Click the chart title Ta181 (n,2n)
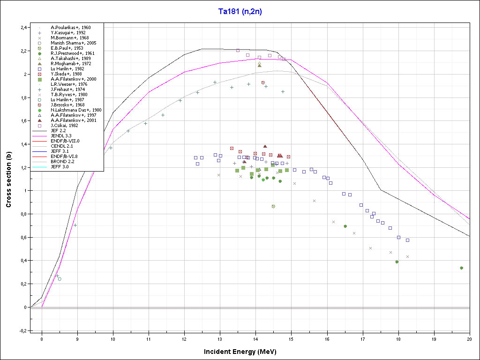240,12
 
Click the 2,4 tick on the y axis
22,28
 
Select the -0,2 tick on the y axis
22,330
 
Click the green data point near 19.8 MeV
462,268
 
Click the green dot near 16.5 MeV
345,226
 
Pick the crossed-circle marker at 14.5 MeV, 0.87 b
273,206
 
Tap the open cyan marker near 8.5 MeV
60,279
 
